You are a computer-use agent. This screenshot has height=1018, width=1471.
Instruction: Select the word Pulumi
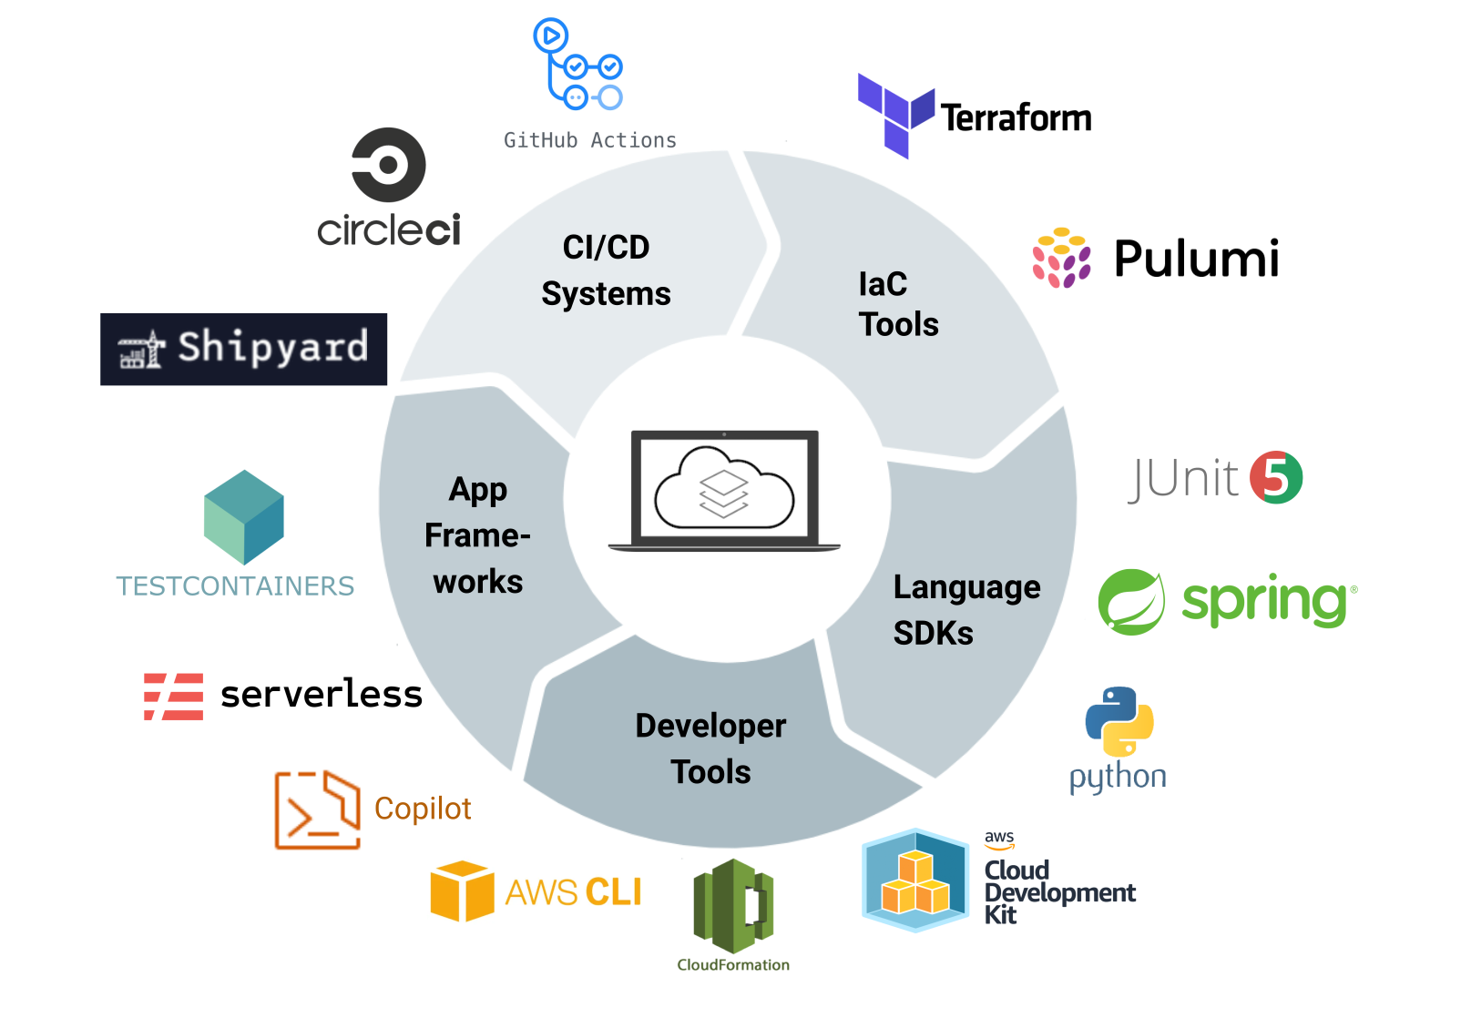point(1196,259)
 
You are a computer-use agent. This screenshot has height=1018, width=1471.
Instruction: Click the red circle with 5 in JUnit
point(1276,477)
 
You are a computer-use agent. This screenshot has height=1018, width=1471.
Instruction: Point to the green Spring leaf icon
point(1131,602)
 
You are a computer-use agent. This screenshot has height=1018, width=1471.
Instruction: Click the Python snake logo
point(1119,722)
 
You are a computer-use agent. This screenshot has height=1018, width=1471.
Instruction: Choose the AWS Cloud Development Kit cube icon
point(915,880)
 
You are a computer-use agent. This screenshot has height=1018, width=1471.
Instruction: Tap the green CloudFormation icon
point(733,906)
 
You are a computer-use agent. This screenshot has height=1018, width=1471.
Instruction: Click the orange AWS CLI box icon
point(462,891)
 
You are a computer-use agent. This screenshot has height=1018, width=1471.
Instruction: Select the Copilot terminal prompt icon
point(317,809)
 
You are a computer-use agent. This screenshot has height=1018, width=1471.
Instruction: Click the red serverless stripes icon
point(174,697)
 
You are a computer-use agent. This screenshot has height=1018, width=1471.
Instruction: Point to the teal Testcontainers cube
point(244,516)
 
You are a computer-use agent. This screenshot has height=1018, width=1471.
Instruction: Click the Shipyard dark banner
point(244,350)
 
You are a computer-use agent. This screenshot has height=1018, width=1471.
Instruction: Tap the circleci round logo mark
point(389,165)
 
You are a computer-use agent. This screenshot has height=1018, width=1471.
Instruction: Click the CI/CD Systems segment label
point(606,270)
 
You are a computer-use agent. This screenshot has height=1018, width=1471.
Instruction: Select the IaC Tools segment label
point(897,304)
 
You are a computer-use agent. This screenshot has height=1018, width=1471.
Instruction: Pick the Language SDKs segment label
point(965,609)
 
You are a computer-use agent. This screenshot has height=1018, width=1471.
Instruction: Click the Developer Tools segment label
point(710,748)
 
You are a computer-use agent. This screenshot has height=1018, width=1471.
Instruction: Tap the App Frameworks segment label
point(477,535)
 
